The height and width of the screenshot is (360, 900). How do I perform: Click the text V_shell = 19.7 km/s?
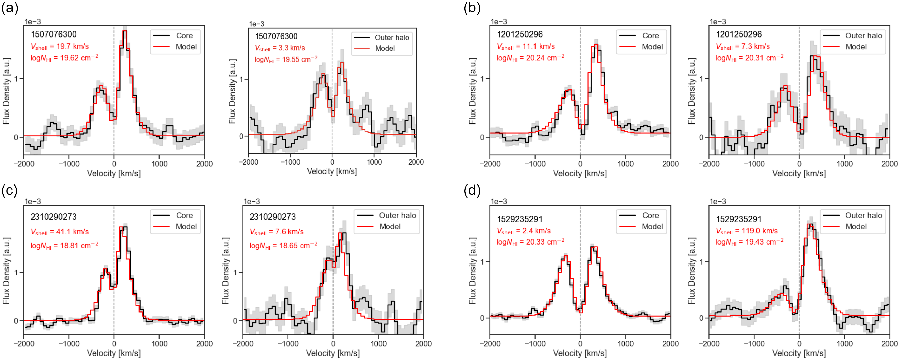(60, 47)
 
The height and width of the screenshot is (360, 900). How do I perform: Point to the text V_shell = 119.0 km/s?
(747, 231)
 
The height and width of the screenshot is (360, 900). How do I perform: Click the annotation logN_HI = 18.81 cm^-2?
(64, 245)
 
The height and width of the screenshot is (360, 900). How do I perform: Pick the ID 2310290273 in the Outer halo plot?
(272, 217)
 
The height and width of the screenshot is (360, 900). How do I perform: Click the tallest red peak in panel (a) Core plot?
(124, 31)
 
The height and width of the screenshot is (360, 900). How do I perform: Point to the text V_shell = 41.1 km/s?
(60, 232)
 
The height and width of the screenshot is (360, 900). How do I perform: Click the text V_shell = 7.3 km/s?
(743, 47)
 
